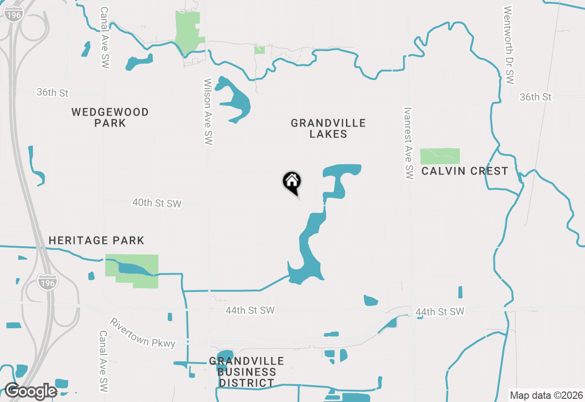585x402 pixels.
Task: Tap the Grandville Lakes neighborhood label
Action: point(328,128)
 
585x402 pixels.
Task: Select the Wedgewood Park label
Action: point(110,117)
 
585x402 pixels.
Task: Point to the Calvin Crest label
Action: point(464,171)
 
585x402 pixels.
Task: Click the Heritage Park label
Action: point(96,240)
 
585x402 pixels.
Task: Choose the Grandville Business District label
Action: point(246,372)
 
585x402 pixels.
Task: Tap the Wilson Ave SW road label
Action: point(208,112)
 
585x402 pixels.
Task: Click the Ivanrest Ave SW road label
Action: point(409,143)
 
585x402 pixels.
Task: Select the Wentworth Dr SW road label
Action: point(510,45)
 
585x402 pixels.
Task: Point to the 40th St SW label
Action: point(157,203)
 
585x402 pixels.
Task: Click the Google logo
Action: point(31,391)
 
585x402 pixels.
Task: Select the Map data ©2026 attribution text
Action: point(546,395)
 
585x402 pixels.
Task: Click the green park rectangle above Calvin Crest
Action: point(440,156)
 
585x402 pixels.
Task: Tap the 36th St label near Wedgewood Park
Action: point(53,93)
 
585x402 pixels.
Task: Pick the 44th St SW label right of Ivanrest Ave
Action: point(440,312)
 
